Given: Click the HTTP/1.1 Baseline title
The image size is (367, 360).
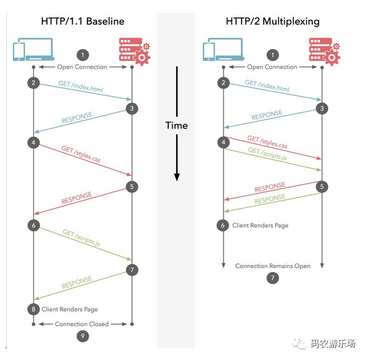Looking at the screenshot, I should (x=82, y=21).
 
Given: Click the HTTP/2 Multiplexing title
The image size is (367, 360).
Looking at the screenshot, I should (x=272, y=21).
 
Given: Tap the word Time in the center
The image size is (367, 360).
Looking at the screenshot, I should (x=176, y=125).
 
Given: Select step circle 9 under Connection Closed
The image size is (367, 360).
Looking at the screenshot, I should (x=82, y=336).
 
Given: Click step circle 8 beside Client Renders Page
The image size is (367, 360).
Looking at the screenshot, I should (x=33, y=309).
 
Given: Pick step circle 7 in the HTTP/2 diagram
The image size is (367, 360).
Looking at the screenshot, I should (x=273, y=278).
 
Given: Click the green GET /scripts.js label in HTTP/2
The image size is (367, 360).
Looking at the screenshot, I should (x=267, y=155).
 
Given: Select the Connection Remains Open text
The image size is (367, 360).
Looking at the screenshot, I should (x=273, y=266).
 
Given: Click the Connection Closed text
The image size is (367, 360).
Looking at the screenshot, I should (x=82, y=324).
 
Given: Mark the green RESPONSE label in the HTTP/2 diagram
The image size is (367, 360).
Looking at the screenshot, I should (x=270, y=201).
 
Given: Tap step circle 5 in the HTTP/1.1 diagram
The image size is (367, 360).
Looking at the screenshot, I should (x=132, y=187).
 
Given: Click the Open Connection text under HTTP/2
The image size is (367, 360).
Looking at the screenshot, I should (x=272, y=67).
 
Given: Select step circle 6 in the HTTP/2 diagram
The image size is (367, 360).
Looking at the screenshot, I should (x=224, y=225).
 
